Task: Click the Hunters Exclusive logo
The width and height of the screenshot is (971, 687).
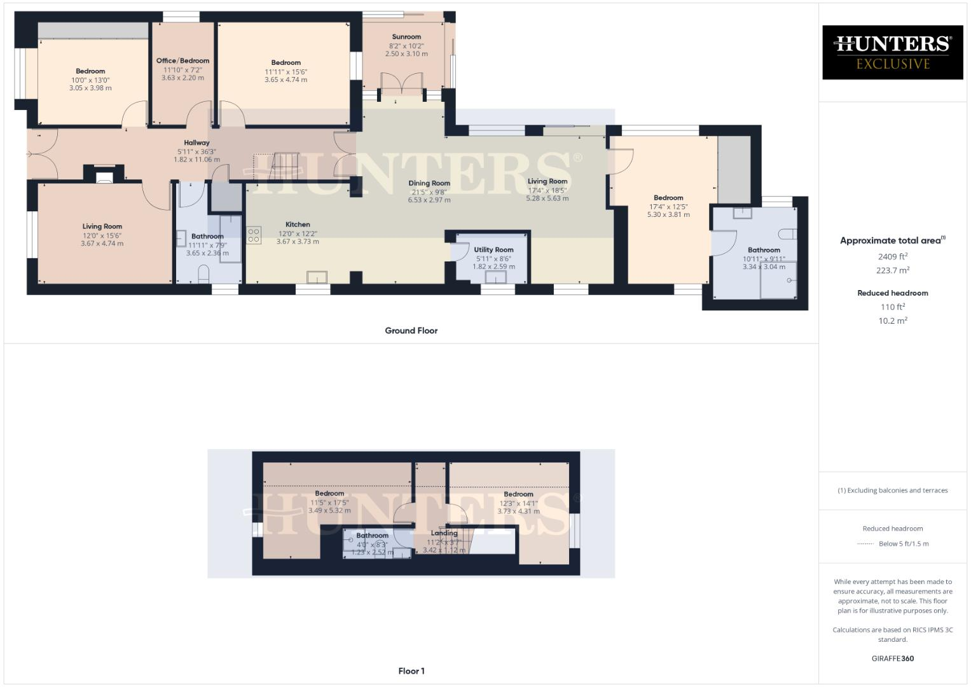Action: coord(892,52)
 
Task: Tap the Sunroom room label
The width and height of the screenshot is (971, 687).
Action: coord(406,37)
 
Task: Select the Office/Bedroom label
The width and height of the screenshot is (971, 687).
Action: coord(182,61)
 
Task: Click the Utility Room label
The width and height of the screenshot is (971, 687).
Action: coord(493,250)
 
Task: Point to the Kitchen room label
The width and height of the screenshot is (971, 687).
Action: coord(298,225)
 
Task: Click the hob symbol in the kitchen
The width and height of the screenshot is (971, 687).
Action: coord(254,235)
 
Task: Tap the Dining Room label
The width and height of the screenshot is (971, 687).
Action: coord(429,183)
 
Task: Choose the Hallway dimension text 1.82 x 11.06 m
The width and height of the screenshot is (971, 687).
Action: coord(196,160)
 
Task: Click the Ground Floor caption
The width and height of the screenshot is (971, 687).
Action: coord(411,331)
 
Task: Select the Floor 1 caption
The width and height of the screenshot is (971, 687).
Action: coord(411,671)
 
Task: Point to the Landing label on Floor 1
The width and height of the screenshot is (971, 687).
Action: coord(444,533)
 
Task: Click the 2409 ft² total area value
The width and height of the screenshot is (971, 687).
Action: coord(893,257)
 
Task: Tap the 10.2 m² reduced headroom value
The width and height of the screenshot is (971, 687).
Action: coord(893,321)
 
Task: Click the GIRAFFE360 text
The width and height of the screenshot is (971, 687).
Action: coord(892,658)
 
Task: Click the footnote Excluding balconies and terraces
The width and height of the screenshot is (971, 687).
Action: coord(892,490)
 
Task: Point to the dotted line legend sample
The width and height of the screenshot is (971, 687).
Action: coord(865,544)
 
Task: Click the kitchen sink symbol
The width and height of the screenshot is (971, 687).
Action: coord(317,277)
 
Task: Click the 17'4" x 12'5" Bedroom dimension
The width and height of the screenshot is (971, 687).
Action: coord(668,207)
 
